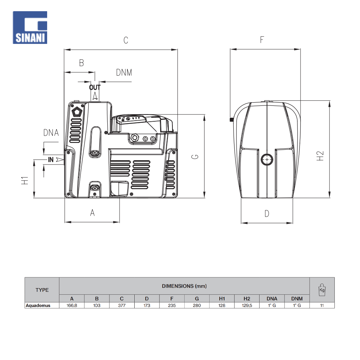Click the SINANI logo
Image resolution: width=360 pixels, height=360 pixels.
[30, 27]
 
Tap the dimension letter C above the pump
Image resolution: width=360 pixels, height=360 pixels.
[126, 40]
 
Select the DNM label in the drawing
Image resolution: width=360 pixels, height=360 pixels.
[124, 73]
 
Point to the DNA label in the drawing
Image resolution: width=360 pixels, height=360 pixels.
[51, 133]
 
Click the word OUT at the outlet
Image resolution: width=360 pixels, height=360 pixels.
[95, 87]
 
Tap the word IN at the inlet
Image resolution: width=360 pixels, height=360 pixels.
[51, 159]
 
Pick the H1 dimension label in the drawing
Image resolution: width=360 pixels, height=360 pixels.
[24, 180]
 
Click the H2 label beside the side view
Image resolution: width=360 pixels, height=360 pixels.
[320, 156]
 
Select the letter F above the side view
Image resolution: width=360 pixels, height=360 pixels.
[262, 40]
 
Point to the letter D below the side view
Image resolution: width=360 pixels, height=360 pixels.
[266, 214]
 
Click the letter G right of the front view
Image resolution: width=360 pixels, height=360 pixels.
[195, 157]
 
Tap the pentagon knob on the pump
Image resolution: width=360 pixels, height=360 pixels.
[77, 112]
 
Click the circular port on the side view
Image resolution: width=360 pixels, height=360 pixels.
[267, 159]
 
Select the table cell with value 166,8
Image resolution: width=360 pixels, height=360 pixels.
[72, 305]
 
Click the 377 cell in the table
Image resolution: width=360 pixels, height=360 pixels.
[122, 305]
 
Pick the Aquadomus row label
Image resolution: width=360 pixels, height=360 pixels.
[38, 305]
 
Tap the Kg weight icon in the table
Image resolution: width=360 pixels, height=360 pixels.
[322, 290]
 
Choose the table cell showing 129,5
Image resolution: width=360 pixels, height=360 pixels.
[247, 305]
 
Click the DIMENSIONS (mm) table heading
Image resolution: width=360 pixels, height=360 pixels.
[184, 286]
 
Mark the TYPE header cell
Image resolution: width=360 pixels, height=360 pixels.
[42, 290]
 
